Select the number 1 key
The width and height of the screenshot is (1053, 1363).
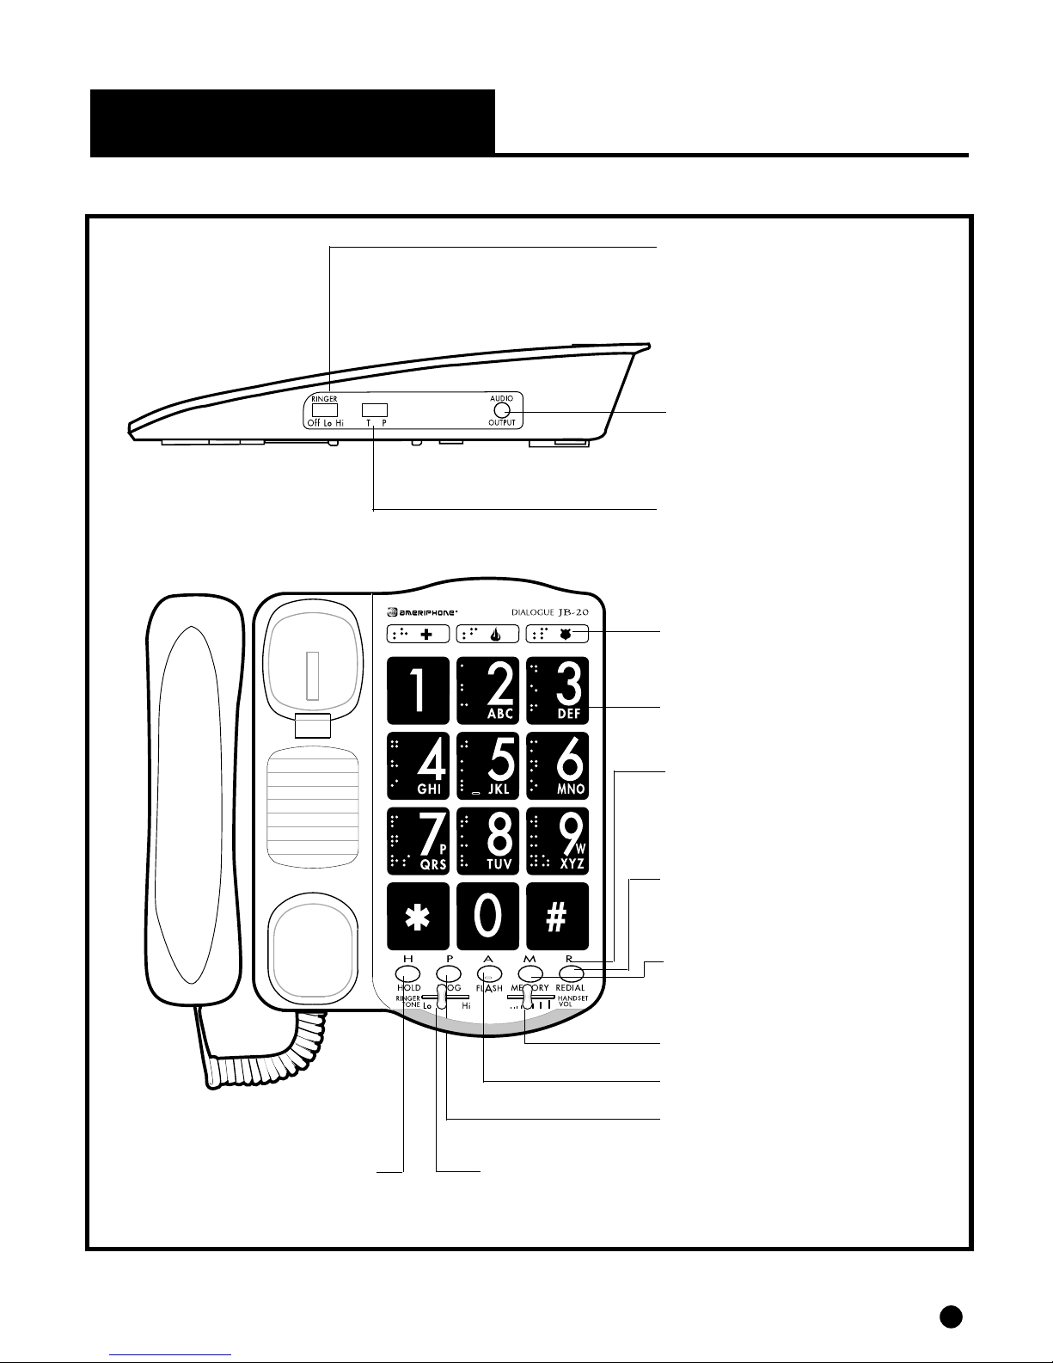tap(418, 691)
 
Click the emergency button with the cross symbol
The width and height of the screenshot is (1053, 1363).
tap(418, 634)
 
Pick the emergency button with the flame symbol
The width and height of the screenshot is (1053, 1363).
tap(487, 634)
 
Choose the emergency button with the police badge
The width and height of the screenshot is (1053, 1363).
tap(557, 634)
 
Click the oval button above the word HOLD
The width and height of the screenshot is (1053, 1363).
tap(407, 973)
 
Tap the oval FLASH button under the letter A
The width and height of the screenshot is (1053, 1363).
tap(488, 973)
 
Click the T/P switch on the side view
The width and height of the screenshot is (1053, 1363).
tap(375, 410)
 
